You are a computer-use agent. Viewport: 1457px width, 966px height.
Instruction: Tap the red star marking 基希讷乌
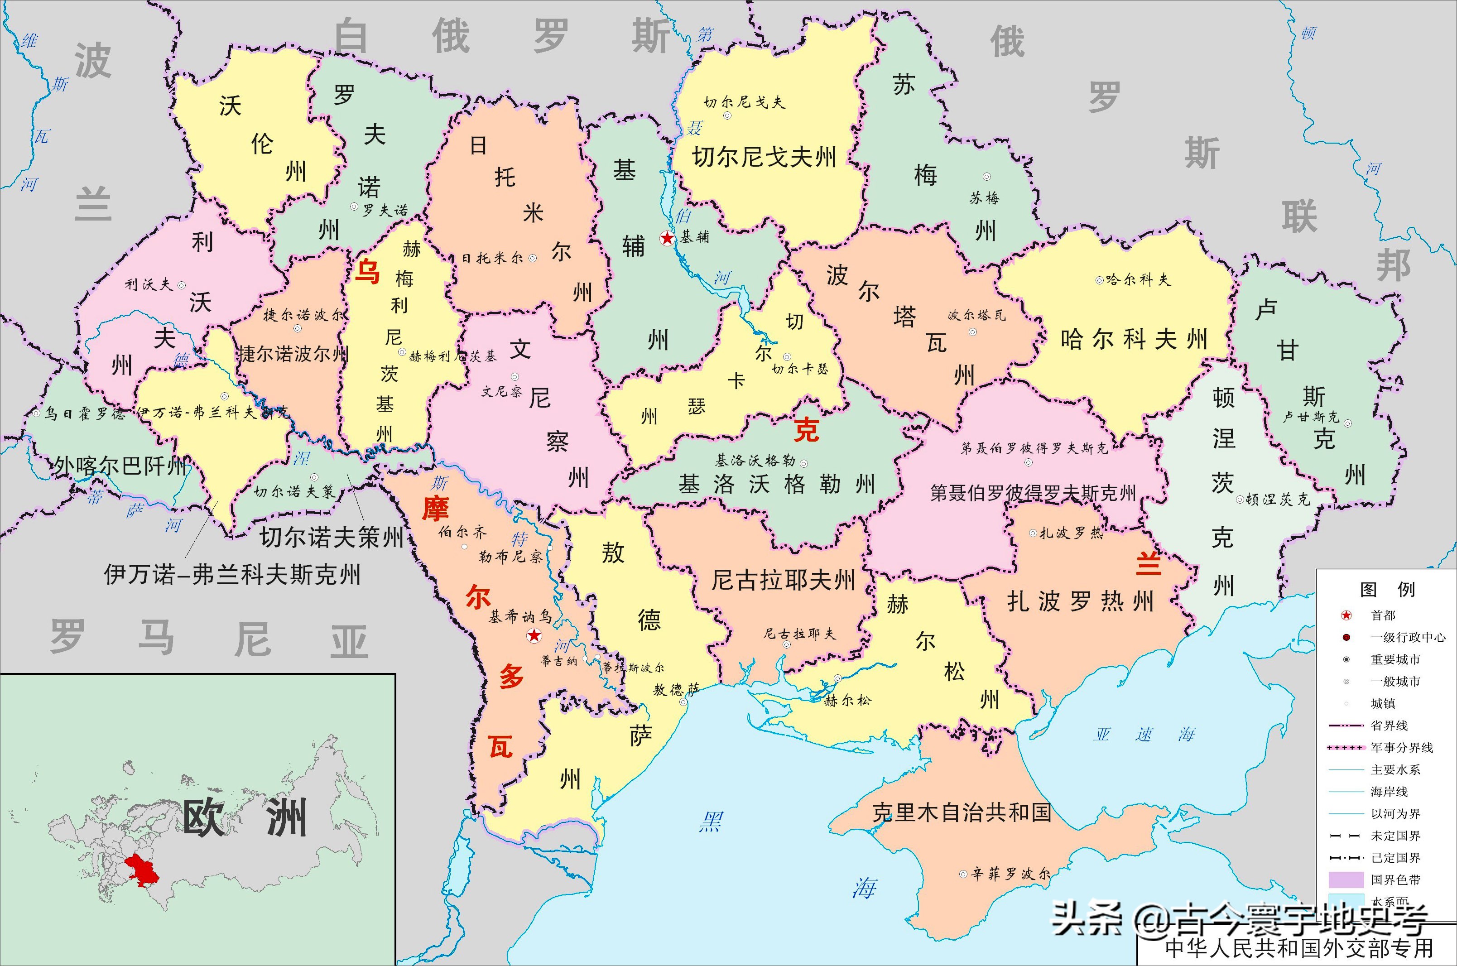(534, 635)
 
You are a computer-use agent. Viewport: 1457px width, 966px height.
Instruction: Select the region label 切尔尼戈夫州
(764, 158)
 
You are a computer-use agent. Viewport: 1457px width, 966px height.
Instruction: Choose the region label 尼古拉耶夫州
(783, 580)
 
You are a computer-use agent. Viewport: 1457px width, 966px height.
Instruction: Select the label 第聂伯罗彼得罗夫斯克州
(1033, 493)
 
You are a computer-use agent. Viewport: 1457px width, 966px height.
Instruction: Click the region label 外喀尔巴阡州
(120, 466)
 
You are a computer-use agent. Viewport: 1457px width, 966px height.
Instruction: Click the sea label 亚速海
(1144, 735)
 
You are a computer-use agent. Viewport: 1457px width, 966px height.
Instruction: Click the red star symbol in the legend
(1347, 615)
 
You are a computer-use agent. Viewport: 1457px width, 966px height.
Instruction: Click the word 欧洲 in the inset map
(245, 819)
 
